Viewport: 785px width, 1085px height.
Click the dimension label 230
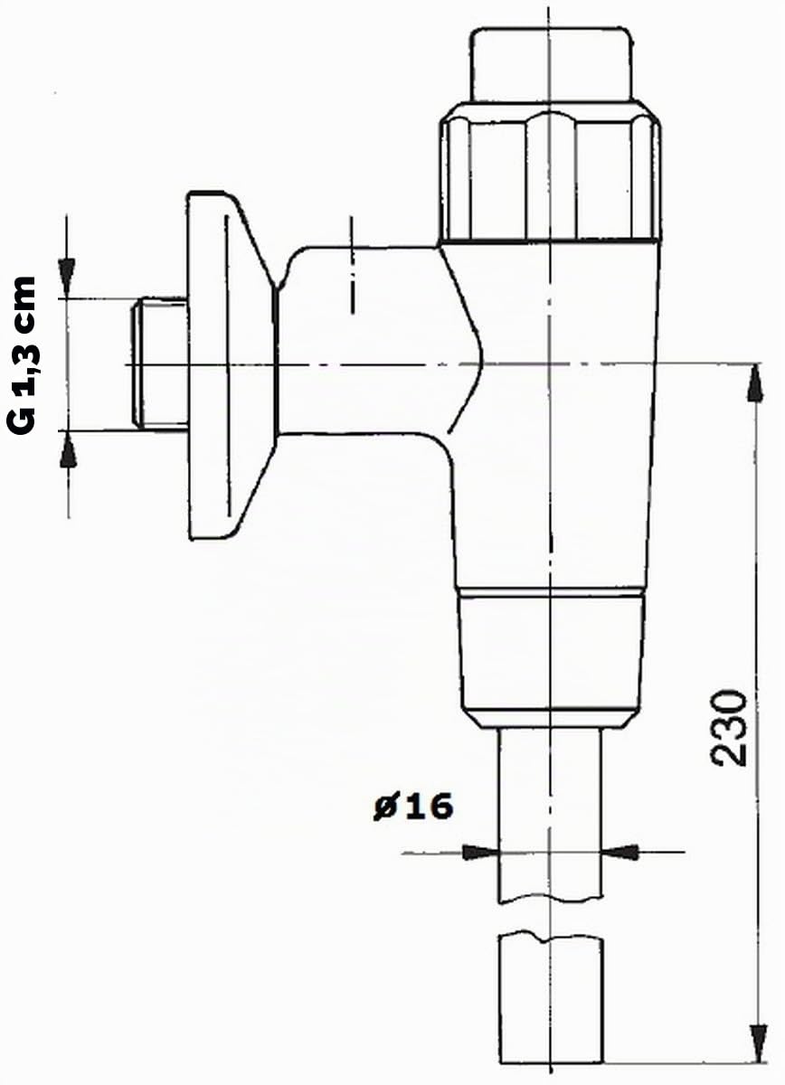click(728, 729)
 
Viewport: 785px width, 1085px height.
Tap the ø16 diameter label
click(413, 807)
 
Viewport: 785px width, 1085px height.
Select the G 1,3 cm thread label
click(22, 356)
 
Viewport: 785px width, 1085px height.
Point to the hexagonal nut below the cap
click(550, 175)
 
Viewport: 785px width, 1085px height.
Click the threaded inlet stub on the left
click(160, 363)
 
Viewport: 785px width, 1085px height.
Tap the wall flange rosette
click(232, 364)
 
